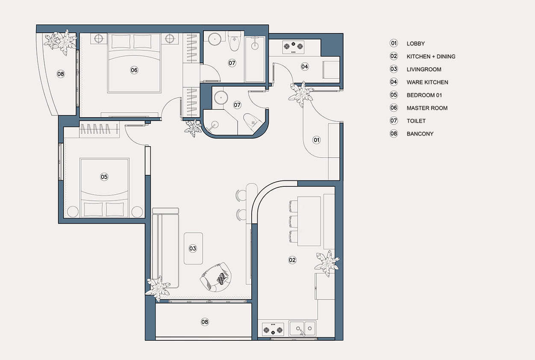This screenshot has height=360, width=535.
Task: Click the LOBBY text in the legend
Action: pyautogui.click(x=416, y=44)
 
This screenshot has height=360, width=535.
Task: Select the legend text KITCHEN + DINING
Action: pyautogui.click(x=431, y=57)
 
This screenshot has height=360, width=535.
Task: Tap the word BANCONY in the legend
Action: pyautogui.click(x=420, y=134)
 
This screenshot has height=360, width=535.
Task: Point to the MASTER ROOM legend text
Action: pyautogui.click(x=427, y=108)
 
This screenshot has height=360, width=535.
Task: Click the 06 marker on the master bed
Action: pyautogui.click(x=134, y=70)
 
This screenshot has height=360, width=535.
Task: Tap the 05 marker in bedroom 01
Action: pyautogui.click(x=104, y=177)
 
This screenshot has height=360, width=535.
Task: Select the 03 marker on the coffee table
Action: pyautogui.click(x=193, y=248)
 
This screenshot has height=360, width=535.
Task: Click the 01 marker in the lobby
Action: pyautogui.click(x=317, y=140)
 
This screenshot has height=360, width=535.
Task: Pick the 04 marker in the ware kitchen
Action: pyautogui.click(x=305, y=66)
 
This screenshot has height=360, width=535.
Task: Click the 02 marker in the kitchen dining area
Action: pyautogui.click(x=292, y=260)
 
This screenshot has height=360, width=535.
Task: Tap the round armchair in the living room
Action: pyautogui.click(x=216, y=277)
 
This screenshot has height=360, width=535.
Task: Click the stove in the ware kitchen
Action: pyautogui.click(x=293, y=47)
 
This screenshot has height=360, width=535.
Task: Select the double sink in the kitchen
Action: pyautogui.click(x=303, y=328)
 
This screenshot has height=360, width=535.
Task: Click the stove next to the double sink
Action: pyautogui.click(x=273, y=329)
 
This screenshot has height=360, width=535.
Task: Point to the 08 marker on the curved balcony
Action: pyautogui.click(x=61, y=74)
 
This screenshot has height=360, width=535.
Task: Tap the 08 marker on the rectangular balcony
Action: pyautogui.click(x=205, y=322)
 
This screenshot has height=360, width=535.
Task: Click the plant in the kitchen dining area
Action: pyautogui.click(x=327, y=263)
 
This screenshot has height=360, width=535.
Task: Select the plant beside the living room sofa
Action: pyautogui.click(x=158, y=288)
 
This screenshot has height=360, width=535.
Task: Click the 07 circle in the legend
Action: pyautogui.click(x=394, y=121)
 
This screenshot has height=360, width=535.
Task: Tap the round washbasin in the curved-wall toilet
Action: pyautogui.click(x=221, y=97)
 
